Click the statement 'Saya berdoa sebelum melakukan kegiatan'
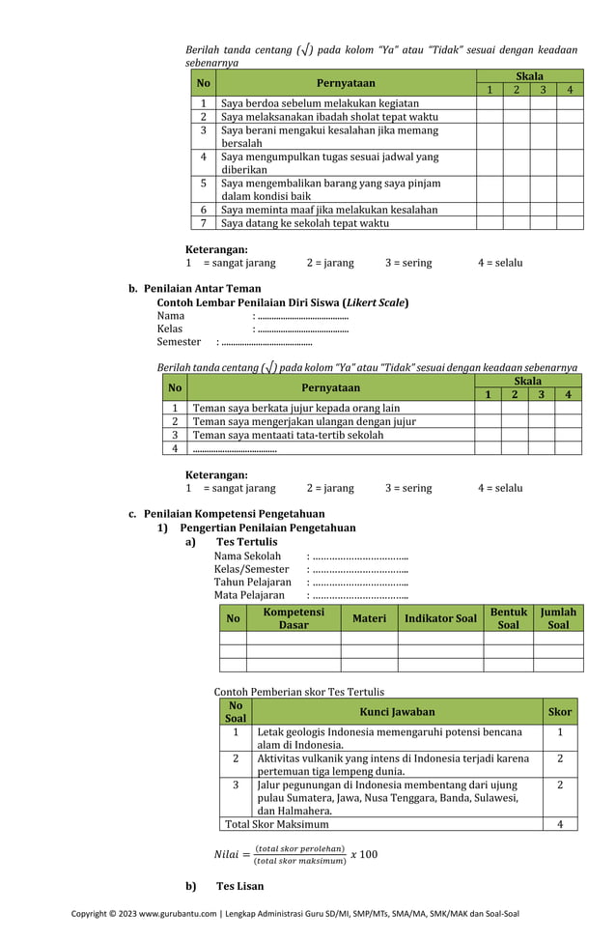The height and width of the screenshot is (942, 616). click(320, 102)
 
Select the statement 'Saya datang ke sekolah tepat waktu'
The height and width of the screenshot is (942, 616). click(305, 222)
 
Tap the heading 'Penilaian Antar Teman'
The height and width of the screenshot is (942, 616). click(202, 288)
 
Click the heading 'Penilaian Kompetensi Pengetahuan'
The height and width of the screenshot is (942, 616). click(234, 514)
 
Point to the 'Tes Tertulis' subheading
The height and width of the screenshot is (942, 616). click(246, 542)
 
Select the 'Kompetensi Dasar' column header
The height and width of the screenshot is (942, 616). click(294, 618)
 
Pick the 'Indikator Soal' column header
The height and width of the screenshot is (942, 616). click(440, 618)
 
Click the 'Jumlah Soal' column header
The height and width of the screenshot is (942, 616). click(558, 618)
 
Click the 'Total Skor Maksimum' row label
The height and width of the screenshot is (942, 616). click(277, 824)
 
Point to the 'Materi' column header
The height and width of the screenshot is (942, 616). click(369, 618)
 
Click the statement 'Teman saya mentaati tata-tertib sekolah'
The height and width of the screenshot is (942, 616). click(288, 435)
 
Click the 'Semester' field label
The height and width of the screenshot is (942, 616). click(179, 341)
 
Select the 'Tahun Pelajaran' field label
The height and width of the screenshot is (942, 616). click(252, 583)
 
